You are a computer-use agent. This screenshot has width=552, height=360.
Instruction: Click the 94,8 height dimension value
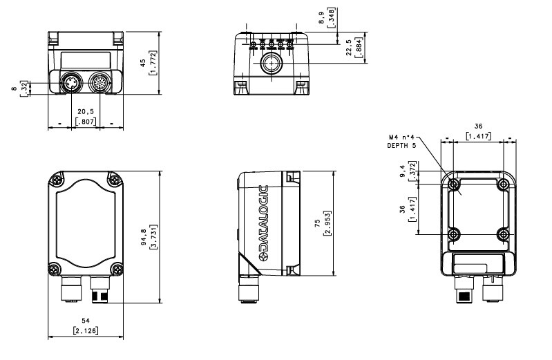pyautogui.click(x=144, y=237)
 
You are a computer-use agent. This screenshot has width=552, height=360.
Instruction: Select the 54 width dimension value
pyautogui.click(x=86, y=321)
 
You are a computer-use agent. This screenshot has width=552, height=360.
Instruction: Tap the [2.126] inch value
pyautogui.click(x=86, y=331)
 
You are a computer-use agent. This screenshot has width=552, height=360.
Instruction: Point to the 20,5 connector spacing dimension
pyautogui.click(x=86, y=112)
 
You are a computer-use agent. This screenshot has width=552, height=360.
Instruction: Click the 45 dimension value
pyautogui.click(x=143, y=63)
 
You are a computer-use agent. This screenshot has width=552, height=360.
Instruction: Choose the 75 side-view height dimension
pyautogui.click(x=318, y=223)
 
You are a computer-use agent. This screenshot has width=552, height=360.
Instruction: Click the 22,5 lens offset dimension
pyautogui.click(x=349, y=47)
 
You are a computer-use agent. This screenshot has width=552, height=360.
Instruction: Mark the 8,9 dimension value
pyautogui.click(x=321, y=18)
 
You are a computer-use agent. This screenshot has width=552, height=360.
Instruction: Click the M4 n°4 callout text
pyautogui.click(x=401, y=137)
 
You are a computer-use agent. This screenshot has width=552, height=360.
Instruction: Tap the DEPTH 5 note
pyautogui.click(x=401, y=146)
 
